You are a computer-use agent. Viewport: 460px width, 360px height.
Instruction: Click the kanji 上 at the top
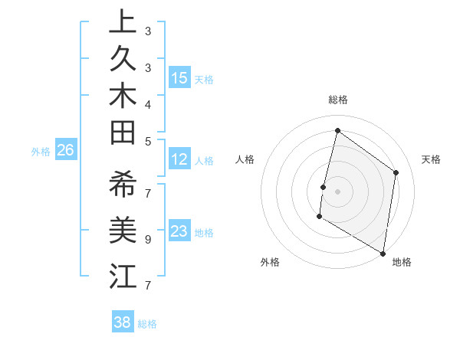(123, 22)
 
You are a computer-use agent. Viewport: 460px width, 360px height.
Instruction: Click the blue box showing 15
(179, 77)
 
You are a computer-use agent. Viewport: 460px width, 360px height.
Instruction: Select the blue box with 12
(179, 159)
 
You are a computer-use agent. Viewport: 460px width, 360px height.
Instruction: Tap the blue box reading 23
(179, 231)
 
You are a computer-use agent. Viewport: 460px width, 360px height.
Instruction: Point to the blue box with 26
(65, 150)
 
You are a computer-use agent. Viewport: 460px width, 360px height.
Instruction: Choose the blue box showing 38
(123, 322)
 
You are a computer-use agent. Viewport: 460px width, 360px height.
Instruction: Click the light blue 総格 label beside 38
(147, 324)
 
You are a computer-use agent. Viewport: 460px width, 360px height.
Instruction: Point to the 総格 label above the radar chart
(337, 100)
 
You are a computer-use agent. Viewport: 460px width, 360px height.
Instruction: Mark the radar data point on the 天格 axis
(396, 172)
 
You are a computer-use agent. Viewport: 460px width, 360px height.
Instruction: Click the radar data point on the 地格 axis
(383, 253)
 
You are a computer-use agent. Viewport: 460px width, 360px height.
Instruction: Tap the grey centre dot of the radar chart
(337, 191)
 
